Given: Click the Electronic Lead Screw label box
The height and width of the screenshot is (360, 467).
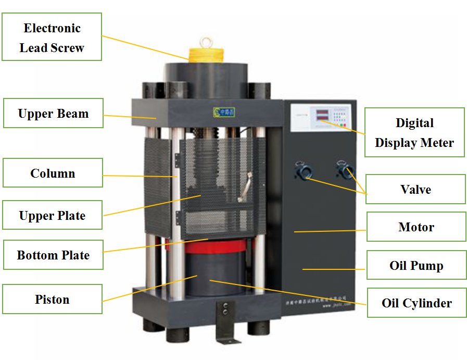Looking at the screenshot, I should (x=52, y=38).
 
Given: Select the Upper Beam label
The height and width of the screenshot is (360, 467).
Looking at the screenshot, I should (x=53, y=113).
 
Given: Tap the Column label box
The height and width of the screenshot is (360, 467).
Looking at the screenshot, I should (x=53, y=173).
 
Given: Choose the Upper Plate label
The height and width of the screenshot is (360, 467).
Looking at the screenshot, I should (x=52, y=215).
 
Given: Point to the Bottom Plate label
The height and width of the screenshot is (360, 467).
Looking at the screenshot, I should (x=53, y=255).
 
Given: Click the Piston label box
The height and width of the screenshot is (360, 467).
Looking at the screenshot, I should (x=52, y=299).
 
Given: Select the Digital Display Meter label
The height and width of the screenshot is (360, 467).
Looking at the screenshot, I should (x=414, y=132).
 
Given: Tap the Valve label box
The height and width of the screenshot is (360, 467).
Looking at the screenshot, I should (x=415, y=189).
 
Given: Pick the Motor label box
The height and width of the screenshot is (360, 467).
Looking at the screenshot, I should (x=416, y=227).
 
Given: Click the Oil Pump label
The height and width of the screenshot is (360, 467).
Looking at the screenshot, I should (x=416, y=265).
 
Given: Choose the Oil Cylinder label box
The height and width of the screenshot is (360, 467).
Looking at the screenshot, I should (x=416, y=303).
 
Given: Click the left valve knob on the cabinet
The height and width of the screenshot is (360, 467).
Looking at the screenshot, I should (x=302, y=171).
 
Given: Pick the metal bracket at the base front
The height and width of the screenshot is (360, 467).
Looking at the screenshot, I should (x=224, y=323).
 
